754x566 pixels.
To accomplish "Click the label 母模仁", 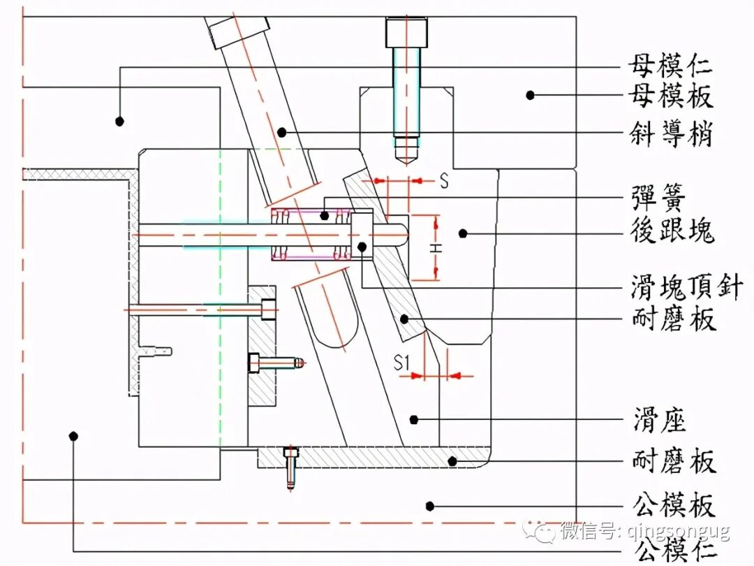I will pos(670,67).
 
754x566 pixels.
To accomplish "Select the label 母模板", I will pos(670,96).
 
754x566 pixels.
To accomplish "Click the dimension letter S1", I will pos(401,362).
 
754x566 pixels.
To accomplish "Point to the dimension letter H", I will pos(434,247).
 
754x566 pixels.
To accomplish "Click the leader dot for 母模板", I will pos(531,94).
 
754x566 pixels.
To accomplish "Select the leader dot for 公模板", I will pos(431,505).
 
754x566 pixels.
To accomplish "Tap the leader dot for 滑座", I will pos(415,419).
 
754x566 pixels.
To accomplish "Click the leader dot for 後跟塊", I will pos(461,232).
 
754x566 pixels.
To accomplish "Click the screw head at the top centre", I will pos(406,32).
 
